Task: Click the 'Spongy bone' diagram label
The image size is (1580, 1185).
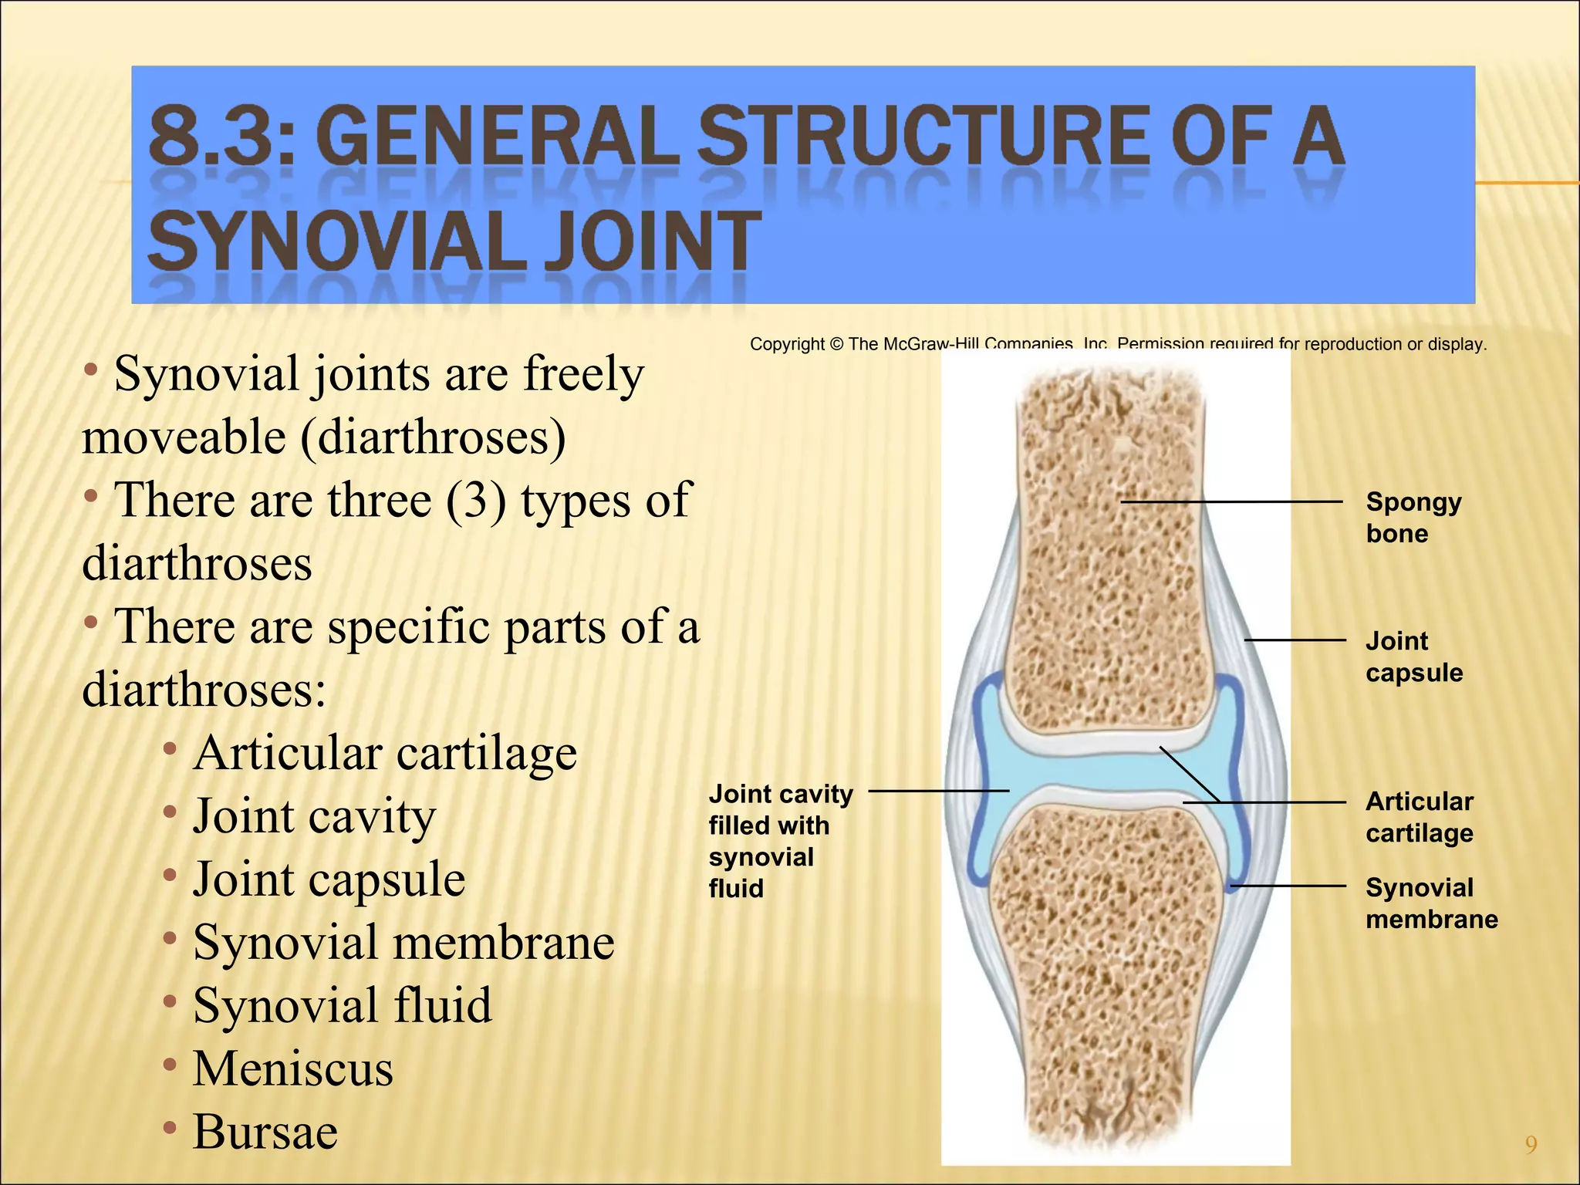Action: [1413, 518]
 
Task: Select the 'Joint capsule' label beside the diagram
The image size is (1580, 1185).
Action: [1413, 657]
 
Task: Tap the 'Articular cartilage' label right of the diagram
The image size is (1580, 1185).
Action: [1420, 817]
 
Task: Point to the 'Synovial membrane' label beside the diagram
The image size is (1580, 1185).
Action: [1431, 903]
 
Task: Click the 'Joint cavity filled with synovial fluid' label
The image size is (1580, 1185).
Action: [780, 841]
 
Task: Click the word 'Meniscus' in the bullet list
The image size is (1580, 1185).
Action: [293, 1069]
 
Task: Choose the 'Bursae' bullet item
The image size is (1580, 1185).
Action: [265, 1132]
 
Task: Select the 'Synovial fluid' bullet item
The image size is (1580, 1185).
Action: [343, 1005]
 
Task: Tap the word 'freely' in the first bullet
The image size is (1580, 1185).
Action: [583, 374]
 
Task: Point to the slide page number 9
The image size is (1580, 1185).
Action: [1531, 1144]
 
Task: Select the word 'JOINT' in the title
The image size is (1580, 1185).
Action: [653, 241]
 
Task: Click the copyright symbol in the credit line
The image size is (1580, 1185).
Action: [836, 344]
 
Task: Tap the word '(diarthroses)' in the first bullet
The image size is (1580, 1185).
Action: [433, 437]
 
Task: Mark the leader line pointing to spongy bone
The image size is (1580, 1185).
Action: [1231, 502]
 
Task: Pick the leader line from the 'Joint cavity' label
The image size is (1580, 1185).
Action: [938, 791]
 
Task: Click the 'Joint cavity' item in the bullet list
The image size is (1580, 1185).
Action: [315, 815]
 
